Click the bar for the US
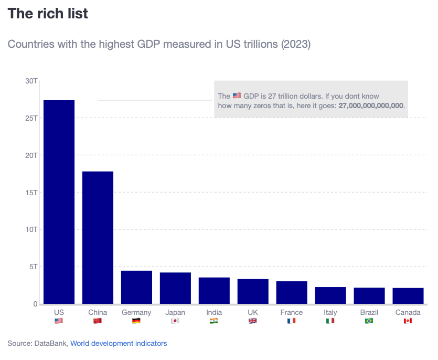[x=59, y=202]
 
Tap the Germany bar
[x=136, y=287]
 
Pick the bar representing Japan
[x=175, y=288]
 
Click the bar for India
[x=214, y=290]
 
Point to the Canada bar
[x=408, y=295]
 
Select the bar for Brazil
[x=369, y=295]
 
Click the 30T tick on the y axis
[x=31, y=81]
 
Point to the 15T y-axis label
[x=31, y=193]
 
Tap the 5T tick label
[x=33, y=267]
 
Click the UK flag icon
[x=253, y=321]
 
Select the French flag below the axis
[x=292, y=321]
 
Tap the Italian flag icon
[x=330, y=321]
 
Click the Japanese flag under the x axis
[x=175, y=321]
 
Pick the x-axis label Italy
[x=330, y=312]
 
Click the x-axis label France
[x=292, y=312]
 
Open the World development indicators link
[x=119, y=343]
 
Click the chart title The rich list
[x=48, y=14]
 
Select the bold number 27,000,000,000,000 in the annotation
[x=371, y=105]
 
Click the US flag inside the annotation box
[x=237, y=96]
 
